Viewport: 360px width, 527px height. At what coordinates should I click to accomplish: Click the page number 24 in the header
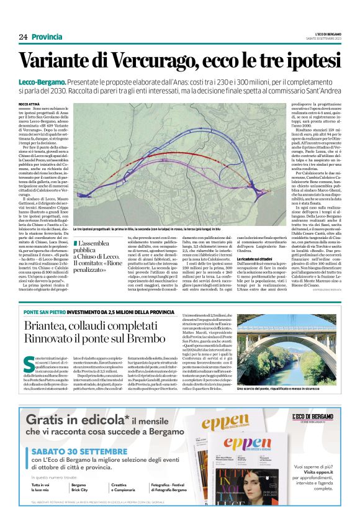coord(23,37)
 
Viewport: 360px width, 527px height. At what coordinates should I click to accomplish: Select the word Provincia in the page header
coord(47,37)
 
